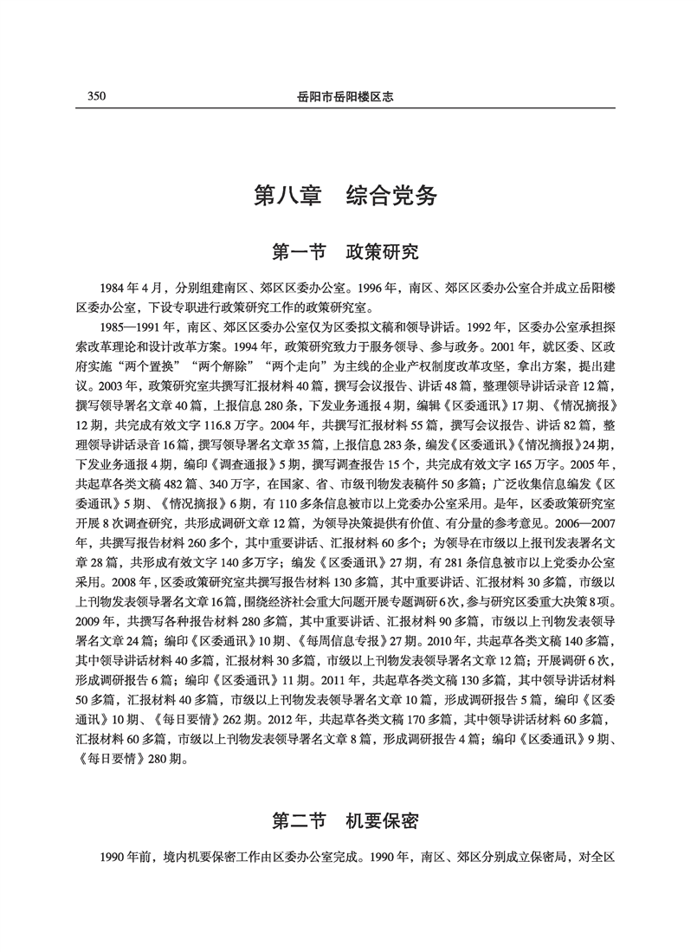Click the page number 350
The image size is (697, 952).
[x=96, y=96]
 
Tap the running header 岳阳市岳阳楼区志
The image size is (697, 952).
[x=347, y=97]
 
